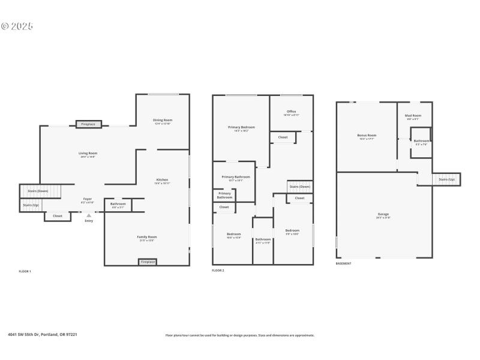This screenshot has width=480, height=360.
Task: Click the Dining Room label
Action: [163, 120]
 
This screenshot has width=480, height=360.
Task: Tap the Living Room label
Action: [88, 153]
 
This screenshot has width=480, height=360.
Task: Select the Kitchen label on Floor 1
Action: [162, 180]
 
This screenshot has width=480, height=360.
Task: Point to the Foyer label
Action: [88, 199]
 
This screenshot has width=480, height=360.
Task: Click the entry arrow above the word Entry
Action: [89, 215]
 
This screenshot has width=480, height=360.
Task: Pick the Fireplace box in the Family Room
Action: [148, 262]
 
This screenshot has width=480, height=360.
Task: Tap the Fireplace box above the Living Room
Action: [89, 124]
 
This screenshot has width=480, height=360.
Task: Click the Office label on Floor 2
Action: [291, 112]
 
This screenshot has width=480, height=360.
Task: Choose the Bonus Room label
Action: [367, 136]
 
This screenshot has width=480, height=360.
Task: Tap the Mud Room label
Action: [413, 116]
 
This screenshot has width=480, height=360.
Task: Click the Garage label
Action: [383, 214]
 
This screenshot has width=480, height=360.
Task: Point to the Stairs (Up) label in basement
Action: [446, 179]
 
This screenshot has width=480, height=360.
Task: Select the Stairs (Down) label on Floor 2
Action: [299, 187]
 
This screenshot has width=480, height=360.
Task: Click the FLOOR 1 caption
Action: [25, 272]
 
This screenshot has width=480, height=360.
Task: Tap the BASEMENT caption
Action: [344, 263]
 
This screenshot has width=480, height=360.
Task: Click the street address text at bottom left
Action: [42, 335]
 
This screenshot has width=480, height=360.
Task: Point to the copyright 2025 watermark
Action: [17, 26]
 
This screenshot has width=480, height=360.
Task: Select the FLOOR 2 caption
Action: [218, 271]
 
